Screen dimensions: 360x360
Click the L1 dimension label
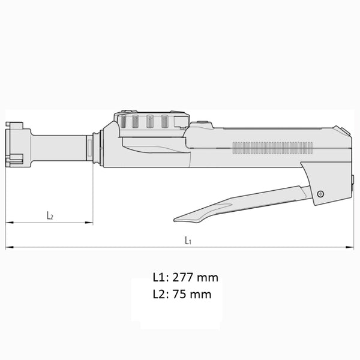tap(188, 240)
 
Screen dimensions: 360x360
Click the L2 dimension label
tap(50, 215)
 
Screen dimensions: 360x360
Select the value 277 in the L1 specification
tap(183, 278)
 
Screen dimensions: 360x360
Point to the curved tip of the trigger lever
tap(179, 218)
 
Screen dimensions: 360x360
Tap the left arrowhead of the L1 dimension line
tap(8, 247)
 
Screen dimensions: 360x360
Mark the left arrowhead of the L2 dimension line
tap(8, 223)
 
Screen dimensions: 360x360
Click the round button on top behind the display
tap(201, 124)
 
